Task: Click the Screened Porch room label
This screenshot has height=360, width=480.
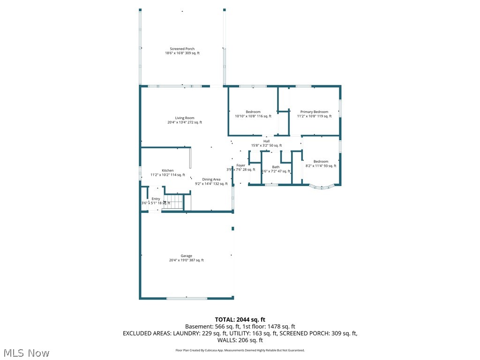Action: click(x=182, y=49)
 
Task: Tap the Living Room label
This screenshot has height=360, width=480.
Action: click(x=185, y=118)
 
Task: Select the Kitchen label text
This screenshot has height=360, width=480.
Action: click(x=168, y=171)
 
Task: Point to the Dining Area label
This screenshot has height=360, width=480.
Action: click(x=211, y=180)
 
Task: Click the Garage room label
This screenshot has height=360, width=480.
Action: click(x=186, y=256)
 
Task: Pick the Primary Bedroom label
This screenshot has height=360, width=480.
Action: click(x=314, y=112)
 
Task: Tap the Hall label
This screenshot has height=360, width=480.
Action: click(x=266, y=141)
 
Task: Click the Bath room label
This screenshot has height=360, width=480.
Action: click(x=276, y=167)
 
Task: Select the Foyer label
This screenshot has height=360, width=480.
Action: click(x=240, y=165)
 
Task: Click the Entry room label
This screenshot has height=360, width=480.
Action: click(x=156, y=199)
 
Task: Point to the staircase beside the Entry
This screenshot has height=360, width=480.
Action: click(x=175, y=202)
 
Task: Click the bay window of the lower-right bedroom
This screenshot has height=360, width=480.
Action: click(x=322, y=187)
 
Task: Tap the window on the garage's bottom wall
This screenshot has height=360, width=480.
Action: click(x=186, y=298)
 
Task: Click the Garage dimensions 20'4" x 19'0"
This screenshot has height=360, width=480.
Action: click(x=186, y=260)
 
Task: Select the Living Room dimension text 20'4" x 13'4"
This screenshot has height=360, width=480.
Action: click(x=185, y=122)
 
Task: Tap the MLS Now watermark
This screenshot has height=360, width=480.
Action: click(x=25, y=352)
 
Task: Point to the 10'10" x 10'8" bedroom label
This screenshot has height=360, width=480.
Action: click(x=253, y=112)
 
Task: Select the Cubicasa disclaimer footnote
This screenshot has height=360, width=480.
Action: click(x=240, y=350)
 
